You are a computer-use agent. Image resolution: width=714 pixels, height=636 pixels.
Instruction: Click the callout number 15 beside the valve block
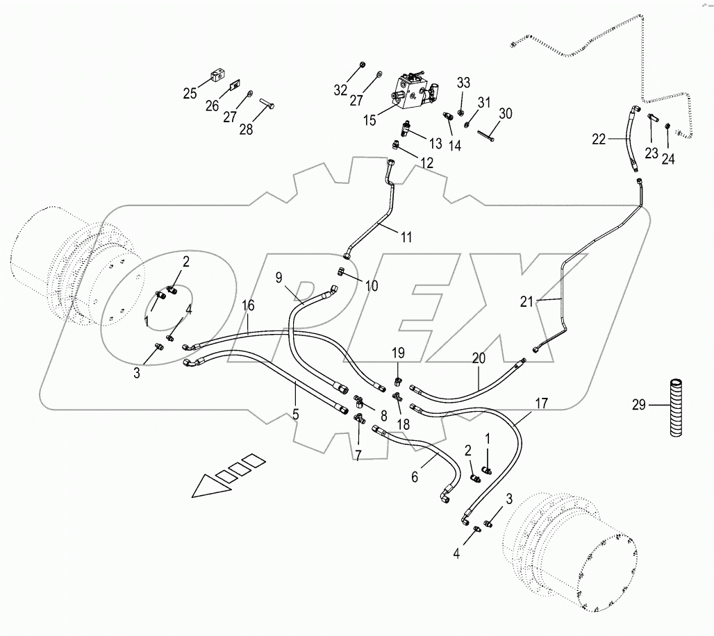(x=369, y=120)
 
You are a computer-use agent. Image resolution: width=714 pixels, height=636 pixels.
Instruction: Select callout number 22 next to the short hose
(x=599, y=140)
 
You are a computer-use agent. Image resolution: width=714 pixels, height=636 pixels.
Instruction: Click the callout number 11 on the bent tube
(x=406, y=237)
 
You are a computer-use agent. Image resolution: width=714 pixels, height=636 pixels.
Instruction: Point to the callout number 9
(x=279, y=278)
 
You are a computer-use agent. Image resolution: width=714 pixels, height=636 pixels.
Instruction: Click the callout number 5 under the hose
(x=295, y=415)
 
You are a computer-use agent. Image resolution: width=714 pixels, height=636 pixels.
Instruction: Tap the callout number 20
(x=480, y=359)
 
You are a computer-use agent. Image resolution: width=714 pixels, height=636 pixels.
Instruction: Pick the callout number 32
(x=340, y=90)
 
